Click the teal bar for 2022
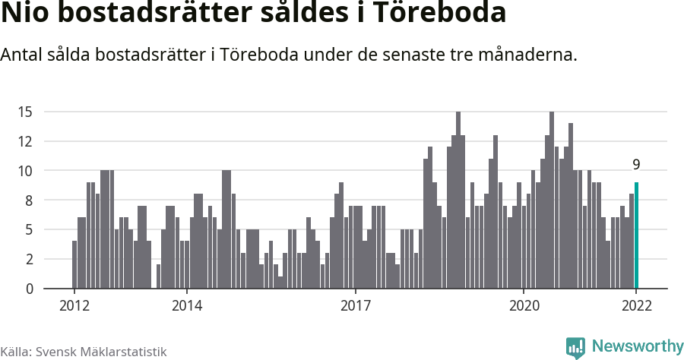[x=636, y=235]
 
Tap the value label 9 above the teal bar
[x=636, y=165]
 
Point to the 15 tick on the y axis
[x=25, y=112]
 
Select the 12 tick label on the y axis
[x=25, y=141]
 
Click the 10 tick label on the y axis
[x=25, y=171]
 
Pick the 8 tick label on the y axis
[x=28, y=201]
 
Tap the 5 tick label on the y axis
[x=28, y=229]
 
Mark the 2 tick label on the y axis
[x=28, y=259]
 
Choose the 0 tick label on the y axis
[x=28, y=289]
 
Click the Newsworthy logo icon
[x=575, y=347]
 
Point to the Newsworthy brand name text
[x=637, y=346]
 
